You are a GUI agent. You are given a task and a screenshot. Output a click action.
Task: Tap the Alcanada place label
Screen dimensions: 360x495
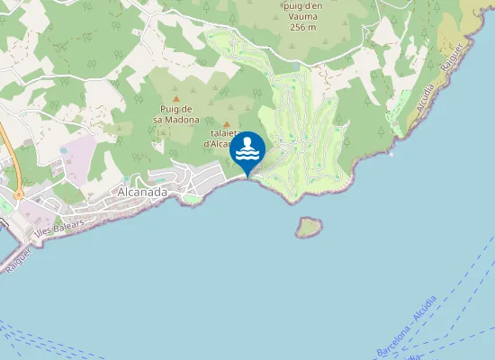pos(142,193)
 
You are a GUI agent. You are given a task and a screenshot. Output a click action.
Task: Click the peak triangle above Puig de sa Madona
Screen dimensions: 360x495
pos(176,98)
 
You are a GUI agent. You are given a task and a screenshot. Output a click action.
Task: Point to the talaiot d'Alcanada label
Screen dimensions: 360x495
pos(219,138)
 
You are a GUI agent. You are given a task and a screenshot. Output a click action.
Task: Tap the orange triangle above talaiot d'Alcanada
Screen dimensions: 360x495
pos(227,125)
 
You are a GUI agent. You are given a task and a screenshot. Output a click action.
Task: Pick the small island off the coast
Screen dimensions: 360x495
pos(309,228)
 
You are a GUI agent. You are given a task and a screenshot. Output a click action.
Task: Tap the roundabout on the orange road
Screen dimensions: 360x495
pos(17,193)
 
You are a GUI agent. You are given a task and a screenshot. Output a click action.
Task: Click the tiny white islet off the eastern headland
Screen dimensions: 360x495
pos(391,153)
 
